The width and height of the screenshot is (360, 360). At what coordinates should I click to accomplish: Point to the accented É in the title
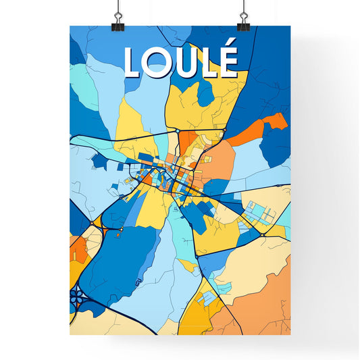[228, 61]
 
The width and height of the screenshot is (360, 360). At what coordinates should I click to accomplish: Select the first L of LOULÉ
[133, 62]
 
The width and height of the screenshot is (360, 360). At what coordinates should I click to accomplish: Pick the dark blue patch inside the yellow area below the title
[205, 95]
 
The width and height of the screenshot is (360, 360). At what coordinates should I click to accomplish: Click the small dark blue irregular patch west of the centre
[99, 161]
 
